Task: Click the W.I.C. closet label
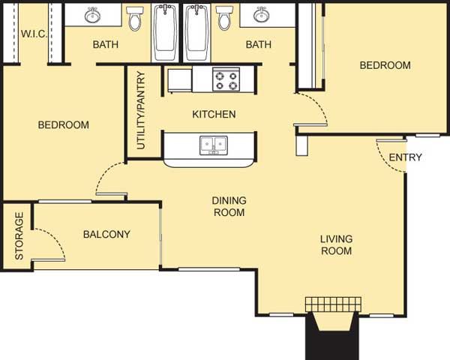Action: pyautogui.click(x=34, y=34)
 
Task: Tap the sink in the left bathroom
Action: pyautogui.click(x=92, y=15)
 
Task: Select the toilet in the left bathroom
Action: pyautogui.click(x=134, y=18)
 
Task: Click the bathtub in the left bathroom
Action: pyautogui.click(x=165, y=32)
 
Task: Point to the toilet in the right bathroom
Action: pyautogui.click(x=224, y=18)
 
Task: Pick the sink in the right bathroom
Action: pyautogui.click(x=261, y=14)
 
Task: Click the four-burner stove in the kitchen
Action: pyautogui.click(x=226, y=79)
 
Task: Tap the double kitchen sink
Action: pyautogui.click(x=214, y=145)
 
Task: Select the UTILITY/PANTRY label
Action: pyautogui.click(x=141, y=110)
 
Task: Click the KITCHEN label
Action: pyautogui.click(x=214, y=114)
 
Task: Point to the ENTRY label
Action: pyautogui.click(x=405, y=157)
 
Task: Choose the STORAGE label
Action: pyautogui.click(x=19, y=236)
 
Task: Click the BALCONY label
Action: pyautogui.click(x=106, y=234)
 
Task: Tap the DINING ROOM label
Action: pyautogui.click(x=229, y=206)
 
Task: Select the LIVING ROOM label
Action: pyautogui.click(x=336, y=245)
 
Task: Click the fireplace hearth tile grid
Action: pyautogui.click(x=333, y=304)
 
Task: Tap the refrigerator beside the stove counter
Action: pyautogui.click(x=180, y=80)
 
